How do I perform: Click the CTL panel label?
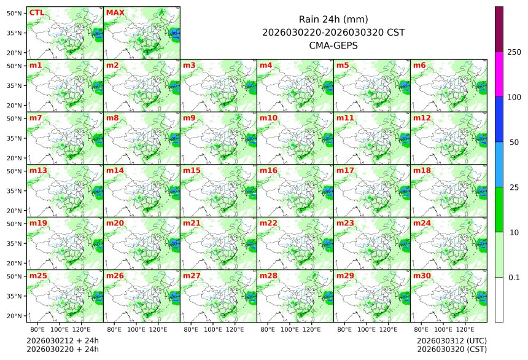click(x=36, y=12)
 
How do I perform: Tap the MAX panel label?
click(x=115, y=12)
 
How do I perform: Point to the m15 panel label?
click(x=192, y=171)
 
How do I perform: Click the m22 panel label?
click(x=268, y=224)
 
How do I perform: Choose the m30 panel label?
click(x=422, y=276)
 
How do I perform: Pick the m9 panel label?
click(x=189, y=118)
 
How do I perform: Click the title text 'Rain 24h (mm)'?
click(x=333, y=19)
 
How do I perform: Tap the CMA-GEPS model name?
click(x=333, y=45)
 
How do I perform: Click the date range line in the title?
click(x=333, y=32)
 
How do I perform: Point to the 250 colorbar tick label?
click(x=514, y=52)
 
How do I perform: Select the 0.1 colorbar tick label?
click(x=514, y=277)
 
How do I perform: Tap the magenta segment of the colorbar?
click(x=499, y=74)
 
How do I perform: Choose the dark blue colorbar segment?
click(x=499, y=119)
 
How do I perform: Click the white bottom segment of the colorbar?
click(x=499, y=299)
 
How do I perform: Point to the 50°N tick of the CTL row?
click(x=15, y=13)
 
